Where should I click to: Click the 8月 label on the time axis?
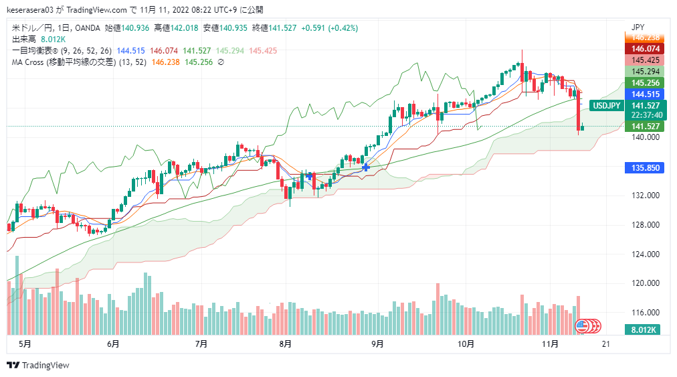286,344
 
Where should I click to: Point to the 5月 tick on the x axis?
25,344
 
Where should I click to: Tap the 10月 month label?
466,344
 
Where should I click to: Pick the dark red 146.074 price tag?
645,49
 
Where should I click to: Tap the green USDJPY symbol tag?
608,106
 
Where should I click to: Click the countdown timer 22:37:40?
646,115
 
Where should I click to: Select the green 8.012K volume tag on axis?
645,329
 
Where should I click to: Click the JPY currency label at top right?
638,27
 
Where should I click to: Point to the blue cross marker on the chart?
366,167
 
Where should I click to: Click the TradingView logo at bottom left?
38,366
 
